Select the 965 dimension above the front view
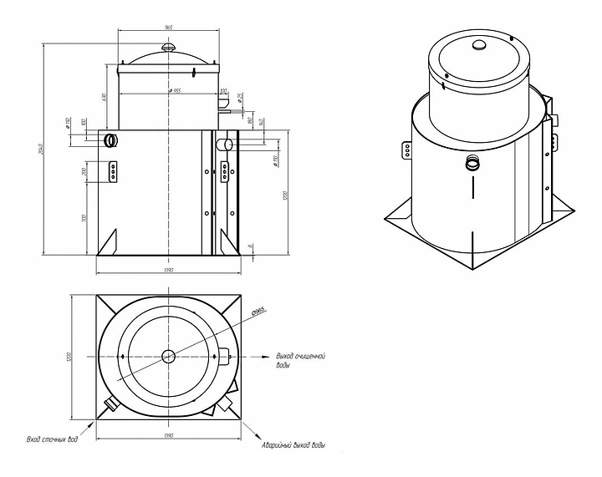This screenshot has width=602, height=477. click(x=168, y=28)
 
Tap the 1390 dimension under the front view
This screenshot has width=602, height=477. click(x=168, y=271)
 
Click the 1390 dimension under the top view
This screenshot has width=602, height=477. click(x=168, y=436)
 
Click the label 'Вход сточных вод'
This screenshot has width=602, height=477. click(x=52, y=439)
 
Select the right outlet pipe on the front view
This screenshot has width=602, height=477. click(x=225, y=145)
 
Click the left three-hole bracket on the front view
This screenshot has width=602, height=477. click(x=112, y=171)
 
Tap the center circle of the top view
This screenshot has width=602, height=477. click(x=168, y=356)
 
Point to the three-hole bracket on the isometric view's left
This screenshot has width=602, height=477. click(x=406, y=149)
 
